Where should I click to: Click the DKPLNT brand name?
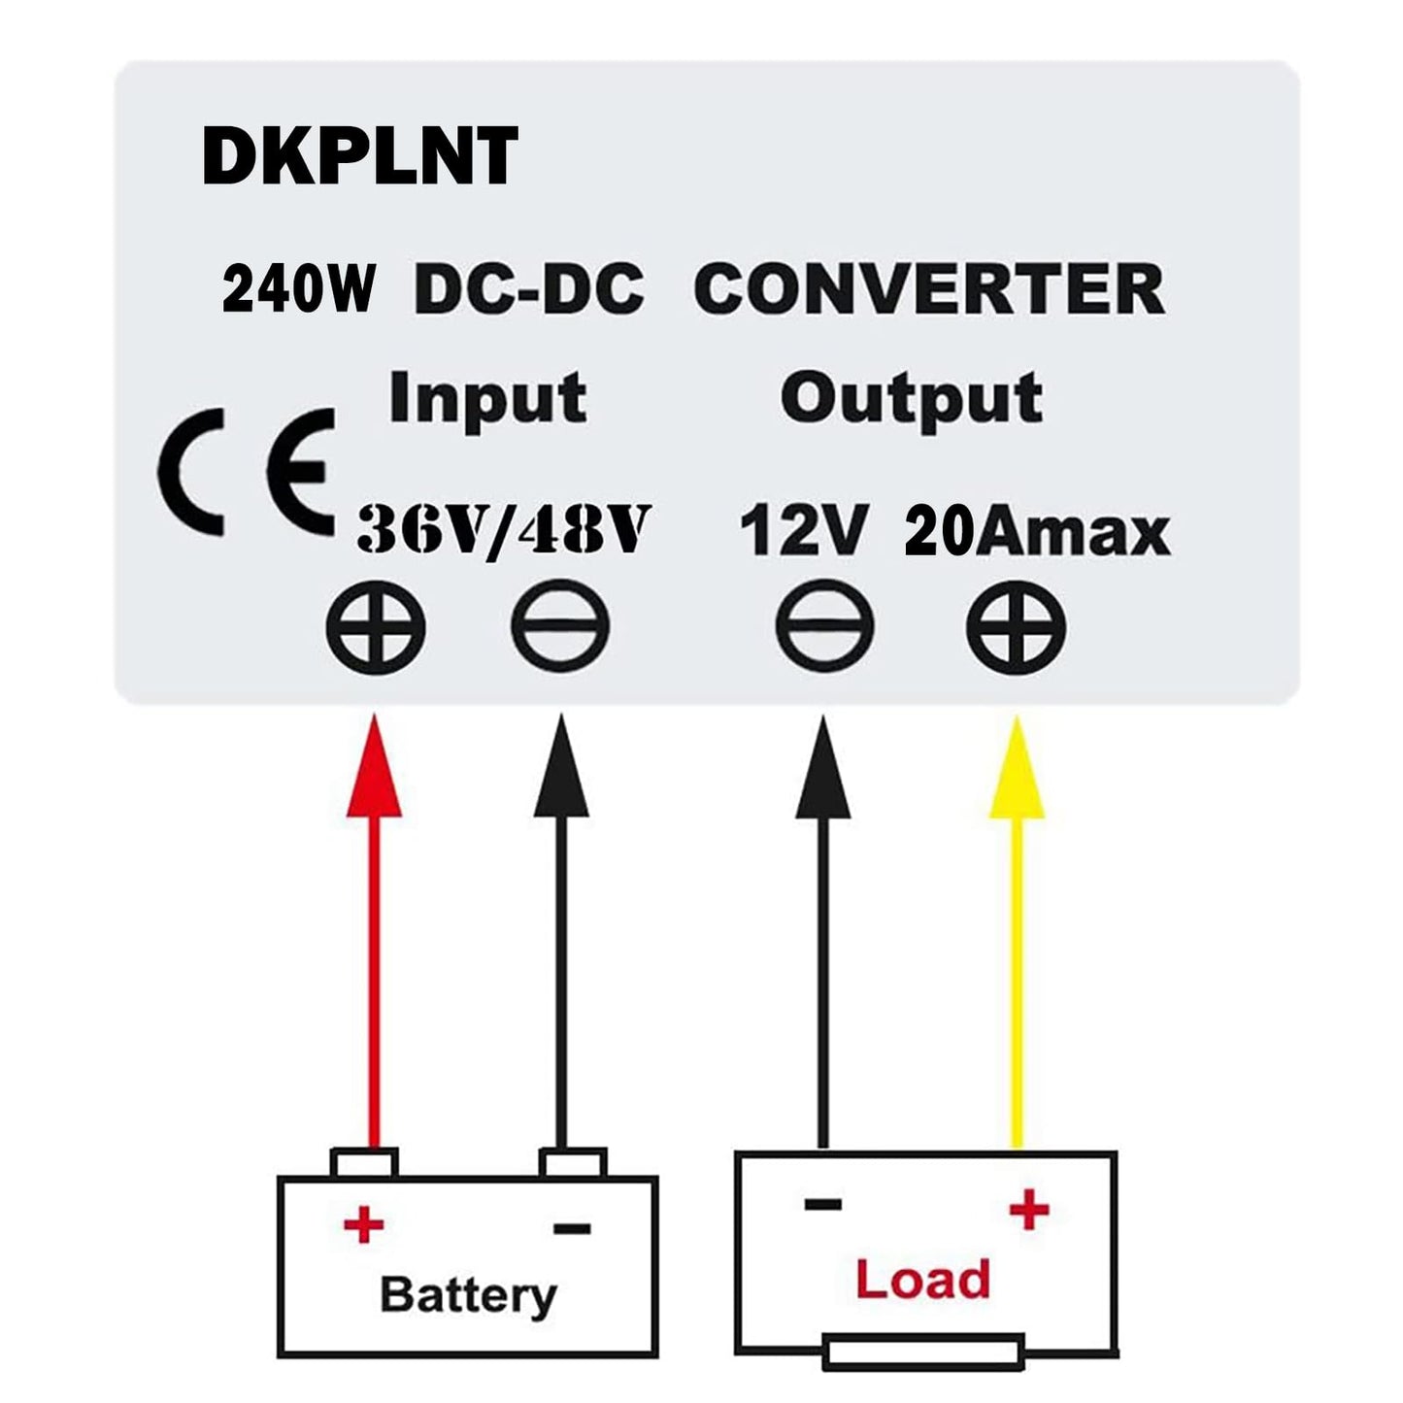[x=359, y=157]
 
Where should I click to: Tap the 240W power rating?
[x=297, y=290]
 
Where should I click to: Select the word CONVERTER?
[x=929, y=288]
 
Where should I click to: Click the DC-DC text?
[x=529, y=289]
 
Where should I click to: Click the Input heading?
[x=487, y=399]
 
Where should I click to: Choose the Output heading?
[x=911, y=399]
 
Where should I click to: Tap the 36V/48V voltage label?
[x=501, y=530]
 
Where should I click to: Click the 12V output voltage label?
[x=802, y=532]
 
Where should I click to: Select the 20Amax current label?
[x=1036, y=532]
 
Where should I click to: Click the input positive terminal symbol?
[x=376, y=626]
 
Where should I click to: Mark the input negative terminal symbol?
[x=560, y=626]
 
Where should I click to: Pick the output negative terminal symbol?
[x=824, y=626]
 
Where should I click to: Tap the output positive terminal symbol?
[x=1016, y=626]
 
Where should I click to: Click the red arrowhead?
[x=375, y=772]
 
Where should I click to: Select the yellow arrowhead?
[x=1016, y=772]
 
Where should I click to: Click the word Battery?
[x=468, y=1295]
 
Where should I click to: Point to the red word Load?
[x=921, y=1280]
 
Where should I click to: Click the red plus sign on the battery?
[x=364, y=1225]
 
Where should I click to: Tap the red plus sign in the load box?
[x=1029, y=1210]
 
